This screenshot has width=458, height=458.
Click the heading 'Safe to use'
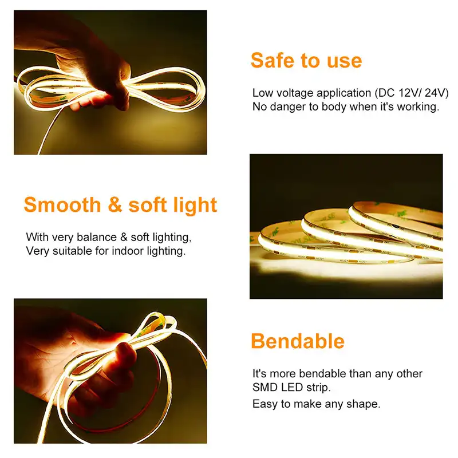[306, 61]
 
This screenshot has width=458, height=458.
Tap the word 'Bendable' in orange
[298, 341]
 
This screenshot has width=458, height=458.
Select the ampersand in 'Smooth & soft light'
[114, 204]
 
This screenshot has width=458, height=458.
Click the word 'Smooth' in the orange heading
[62, 204]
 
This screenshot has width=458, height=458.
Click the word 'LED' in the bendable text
[292, 388]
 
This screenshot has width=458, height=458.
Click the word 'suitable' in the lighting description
[72, 251]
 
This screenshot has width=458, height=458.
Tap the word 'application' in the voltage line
[344, 93]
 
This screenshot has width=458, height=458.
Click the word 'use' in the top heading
[345, 61]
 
